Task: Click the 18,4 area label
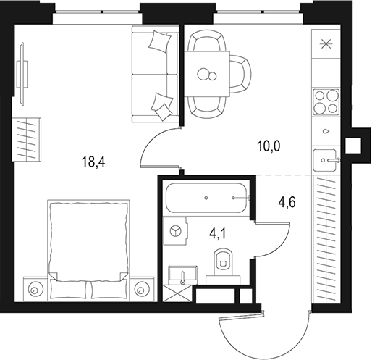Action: (93, 162)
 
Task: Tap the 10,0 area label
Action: (269, 146)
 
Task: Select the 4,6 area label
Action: (287, 202)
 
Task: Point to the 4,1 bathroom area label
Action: (218, 233)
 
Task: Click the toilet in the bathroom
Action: (223, 267)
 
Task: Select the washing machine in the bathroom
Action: (175, 231)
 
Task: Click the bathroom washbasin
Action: (183, 275)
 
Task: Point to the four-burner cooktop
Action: (326, 101)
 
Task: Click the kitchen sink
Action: (325, 160)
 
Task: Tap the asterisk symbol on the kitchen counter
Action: (326, 44)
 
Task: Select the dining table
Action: (207, 74)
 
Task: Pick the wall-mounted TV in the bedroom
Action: (22, 74)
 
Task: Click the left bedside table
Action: (35, 289)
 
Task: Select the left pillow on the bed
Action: (68, 289)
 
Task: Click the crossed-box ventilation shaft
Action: (177, 293)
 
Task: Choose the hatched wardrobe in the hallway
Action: (326, 238)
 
